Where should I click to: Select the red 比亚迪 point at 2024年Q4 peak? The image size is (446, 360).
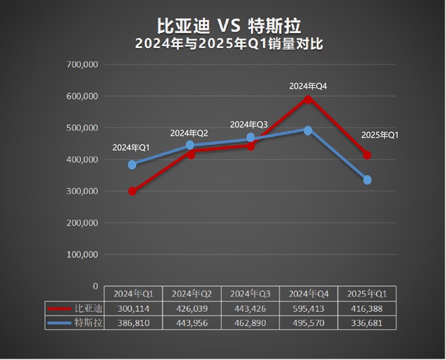308,99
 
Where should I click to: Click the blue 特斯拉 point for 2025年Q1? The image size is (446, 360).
368,180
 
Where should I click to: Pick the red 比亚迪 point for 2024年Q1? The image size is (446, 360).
132,191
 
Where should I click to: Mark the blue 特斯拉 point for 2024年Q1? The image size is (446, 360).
132,165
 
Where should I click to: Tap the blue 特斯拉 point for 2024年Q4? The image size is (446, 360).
308,130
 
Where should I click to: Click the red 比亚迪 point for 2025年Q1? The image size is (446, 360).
368,155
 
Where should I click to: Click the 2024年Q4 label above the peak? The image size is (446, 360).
308,86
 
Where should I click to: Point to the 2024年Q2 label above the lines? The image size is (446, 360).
189,132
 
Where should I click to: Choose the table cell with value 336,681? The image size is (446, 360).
367,323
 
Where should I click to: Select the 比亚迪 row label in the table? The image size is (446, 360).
88,309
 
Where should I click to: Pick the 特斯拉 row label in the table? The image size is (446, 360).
88,323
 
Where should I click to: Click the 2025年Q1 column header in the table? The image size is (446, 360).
367,294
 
